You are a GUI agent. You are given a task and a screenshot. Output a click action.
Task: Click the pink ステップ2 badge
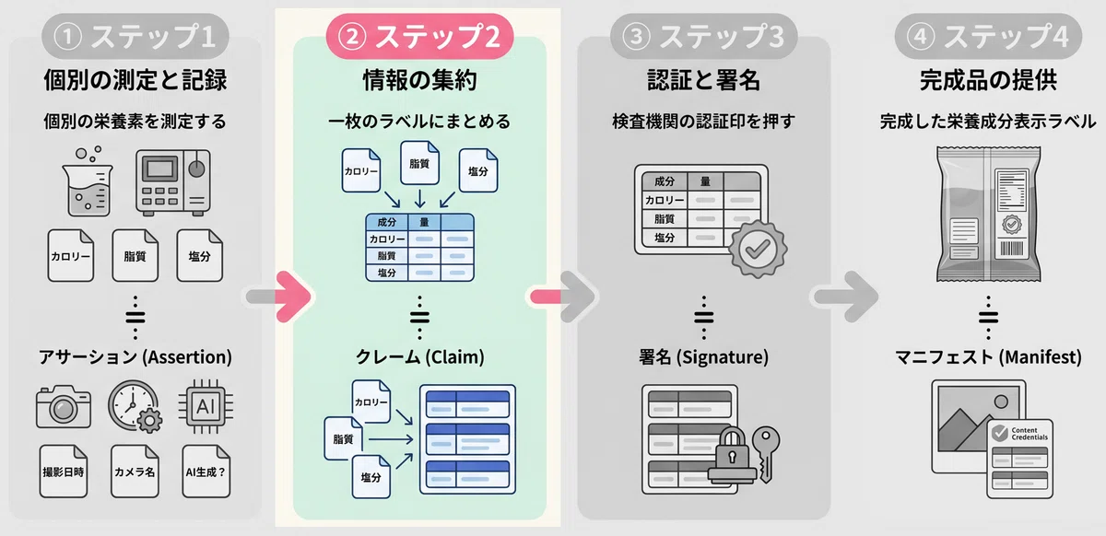point(419,37)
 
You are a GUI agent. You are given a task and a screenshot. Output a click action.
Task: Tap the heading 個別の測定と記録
point(135,80)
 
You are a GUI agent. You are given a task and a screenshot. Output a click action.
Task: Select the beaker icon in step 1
point(88,181)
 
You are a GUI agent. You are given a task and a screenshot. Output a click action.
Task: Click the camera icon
point(64,406)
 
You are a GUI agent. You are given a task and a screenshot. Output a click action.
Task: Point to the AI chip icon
point(206,406)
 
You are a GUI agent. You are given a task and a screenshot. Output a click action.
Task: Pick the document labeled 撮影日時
point(64,472)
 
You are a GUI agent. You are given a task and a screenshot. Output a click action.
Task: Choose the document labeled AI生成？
point(206,472)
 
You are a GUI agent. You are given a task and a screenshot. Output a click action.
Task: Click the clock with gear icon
point(135,406)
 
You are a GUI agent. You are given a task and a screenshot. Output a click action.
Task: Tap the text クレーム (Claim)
point(419,356)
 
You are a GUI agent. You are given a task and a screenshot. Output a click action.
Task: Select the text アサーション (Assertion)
point(135,356)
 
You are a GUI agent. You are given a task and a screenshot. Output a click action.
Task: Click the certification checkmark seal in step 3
point(758,250)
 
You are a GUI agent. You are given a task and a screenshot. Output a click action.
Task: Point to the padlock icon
point(732,455)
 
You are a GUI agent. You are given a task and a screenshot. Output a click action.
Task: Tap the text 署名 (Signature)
point(703,356)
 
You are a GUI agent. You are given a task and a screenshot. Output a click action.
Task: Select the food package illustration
point(988,214)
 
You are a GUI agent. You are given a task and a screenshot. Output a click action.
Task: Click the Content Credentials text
point(1029,434)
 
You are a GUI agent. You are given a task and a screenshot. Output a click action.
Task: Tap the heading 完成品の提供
point(988,80)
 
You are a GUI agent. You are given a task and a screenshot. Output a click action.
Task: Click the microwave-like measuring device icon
point(173,182)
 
